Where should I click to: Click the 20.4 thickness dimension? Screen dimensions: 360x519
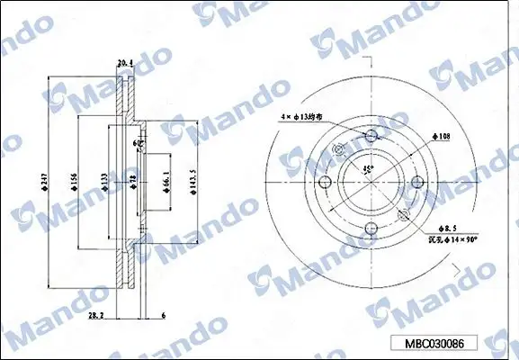click(x=125, y=62)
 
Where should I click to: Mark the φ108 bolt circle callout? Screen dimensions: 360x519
click(x=441, y=137)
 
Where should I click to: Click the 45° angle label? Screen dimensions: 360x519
click(x=367, y=168)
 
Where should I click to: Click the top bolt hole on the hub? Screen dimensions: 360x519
click(x=371, y=136)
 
